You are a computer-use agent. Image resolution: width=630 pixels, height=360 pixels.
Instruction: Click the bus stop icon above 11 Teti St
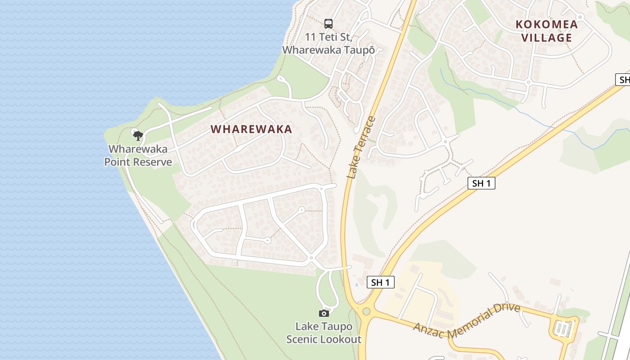click(328, 24)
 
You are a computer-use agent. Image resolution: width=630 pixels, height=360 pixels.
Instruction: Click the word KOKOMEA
click(546, 24)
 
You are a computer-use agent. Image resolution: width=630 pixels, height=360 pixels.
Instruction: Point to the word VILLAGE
click(546, 38)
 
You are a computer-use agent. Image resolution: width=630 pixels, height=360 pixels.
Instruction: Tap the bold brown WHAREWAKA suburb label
click(252, 129)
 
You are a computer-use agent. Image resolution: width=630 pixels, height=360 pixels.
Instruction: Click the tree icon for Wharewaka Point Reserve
click(138, 135)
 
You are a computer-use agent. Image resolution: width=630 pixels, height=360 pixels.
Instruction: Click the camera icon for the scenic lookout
click(324, 313)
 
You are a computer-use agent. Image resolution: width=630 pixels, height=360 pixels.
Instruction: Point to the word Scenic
click(303, 339)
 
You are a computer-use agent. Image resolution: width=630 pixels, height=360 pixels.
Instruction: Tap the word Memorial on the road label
click(469, 317)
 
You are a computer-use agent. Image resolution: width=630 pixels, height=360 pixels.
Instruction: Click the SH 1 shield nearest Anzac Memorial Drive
click(381, 283)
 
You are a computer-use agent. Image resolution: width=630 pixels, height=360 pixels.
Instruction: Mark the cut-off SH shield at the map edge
click(623, 80)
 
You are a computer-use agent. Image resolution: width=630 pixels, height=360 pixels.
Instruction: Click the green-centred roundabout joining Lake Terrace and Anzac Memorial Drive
click(366, 311)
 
